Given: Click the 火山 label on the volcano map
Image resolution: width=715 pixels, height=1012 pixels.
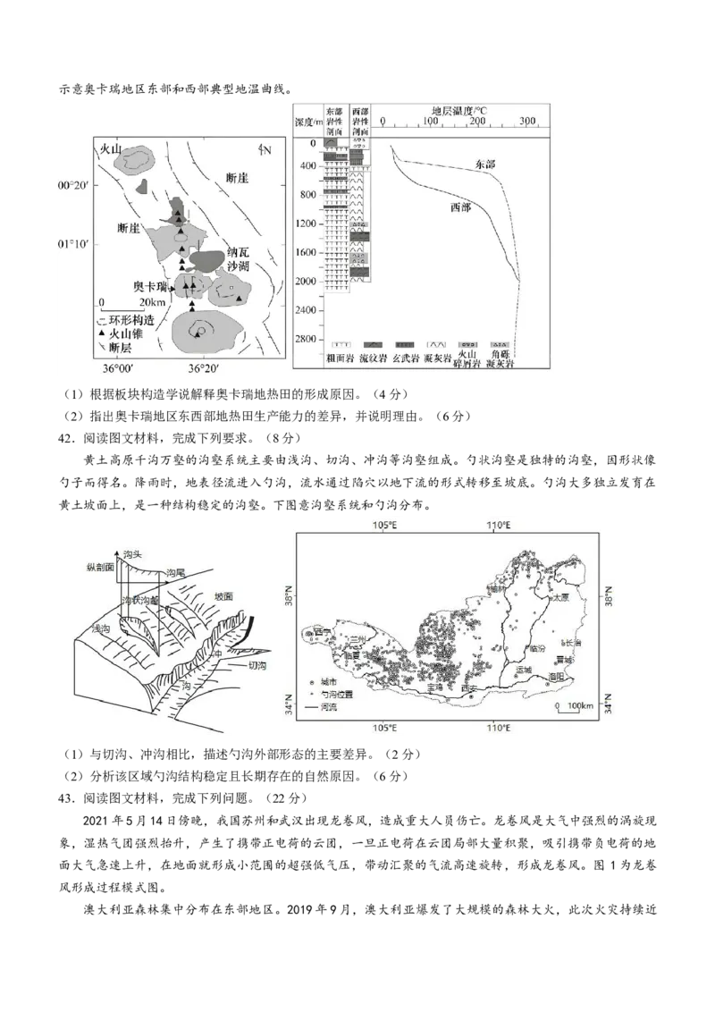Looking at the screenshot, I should click(110, 149).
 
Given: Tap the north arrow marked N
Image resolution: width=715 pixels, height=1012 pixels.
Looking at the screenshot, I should click(264, 148).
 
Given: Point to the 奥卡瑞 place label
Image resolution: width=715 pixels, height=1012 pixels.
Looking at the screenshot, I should click(150, 286).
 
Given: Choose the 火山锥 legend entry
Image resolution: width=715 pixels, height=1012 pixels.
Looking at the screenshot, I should click(124, 333).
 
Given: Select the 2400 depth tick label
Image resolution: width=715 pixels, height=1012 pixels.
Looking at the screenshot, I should click(308, 311).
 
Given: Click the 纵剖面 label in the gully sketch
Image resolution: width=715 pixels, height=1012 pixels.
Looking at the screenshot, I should click(98, 567).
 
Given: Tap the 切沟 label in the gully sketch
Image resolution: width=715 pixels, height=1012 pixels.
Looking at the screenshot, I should click(257, 665).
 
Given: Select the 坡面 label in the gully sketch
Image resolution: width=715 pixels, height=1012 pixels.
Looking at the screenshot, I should click(223, 595).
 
